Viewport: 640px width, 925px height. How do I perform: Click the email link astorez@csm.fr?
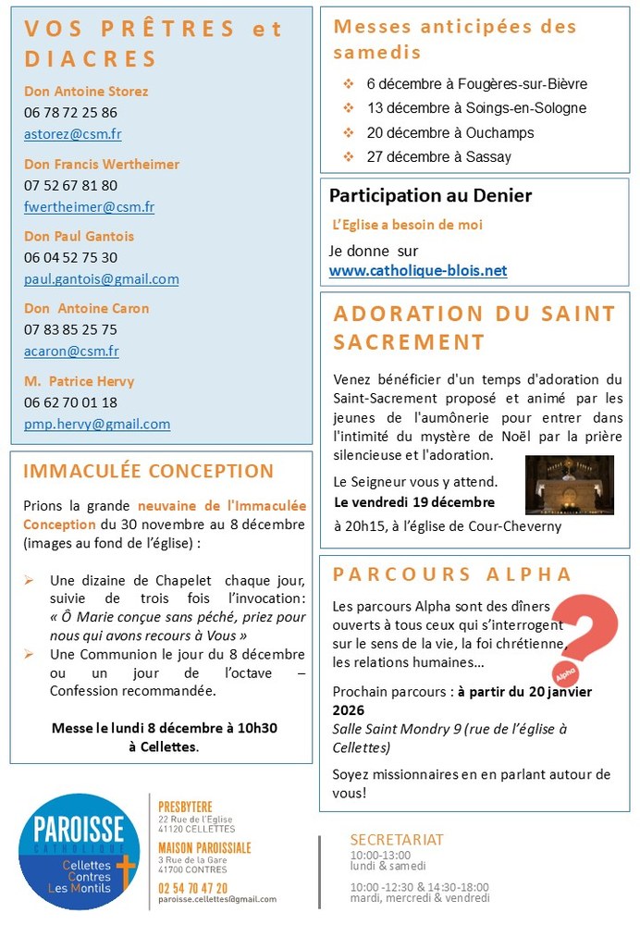73,134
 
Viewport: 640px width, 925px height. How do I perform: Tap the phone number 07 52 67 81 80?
70,185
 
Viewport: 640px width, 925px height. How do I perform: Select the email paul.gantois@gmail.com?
102,279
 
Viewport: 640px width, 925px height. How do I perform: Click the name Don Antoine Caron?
86,308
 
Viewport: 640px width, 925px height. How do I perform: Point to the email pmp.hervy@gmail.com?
97,425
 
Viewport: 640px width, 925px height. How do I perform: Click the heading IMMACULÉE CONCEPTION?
148,471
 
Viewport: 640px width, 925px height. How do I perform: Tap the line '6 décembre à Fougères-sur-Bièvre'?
476,84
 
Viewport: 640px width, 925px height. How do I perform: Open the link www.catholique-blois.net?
418,271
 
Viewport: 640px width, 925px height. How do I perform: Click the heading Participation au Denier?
430,196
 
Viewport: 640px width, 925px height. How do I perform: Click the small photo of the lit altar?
569,485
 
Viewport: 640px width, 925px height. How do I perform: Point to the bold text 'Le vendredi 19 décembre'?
414,502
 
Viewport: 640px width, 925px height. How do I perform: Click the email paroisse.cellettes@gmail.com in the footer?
217,899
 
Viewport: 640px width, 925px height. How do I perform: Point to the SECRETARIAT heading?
396,840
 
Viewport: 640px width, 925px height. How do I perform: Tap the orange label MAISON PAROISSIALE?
204,847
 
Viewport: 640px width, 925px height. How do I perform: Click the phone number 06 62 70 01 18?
70,402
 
